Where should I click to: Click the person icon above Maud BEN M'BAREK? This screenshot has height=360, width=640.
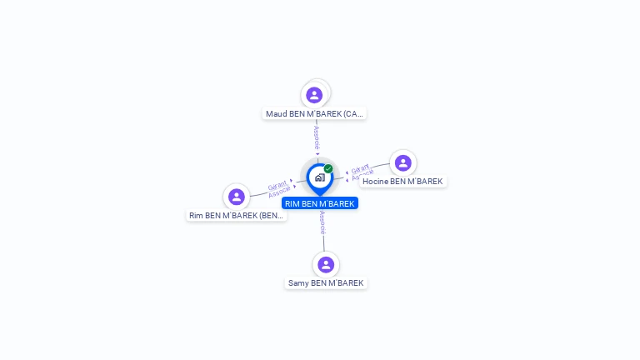(x=314, y=95)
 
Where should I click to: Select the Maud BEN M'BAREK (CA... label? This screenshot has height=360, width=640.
(x=314, y=113)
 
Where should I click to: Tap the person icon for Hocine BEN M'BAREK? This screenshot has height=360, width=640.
(x=402, y=163)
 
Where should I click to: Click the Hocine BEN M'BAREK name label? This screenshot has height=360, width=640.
(x=402, y=182)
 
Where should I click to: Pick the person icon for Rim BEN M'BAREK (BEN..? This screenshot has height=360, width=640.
(x=237, y=197)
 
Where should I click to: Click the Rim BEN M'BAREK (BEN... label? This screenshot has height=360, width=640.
(x=237, y=216)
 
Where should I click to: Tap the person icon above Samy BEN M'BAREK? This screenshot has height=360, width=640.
(x=326, y=264)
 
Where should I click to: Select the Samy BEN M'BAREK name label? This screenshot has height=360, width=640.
(x=326, y=283)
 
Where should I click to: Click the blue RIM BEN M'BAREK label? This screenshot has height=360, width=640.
(x=319, y=203)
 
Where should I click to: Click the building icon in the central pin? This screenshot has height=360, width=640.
(x=319, y=177)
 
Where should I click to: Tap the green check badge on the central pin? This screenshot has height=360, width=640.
(x=328, y=168)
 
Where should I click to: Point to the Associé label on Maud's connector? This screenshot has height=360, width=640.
(x=317, y=137)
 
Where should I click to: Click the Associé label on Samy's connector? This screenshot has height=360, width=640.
(x=322, y=222)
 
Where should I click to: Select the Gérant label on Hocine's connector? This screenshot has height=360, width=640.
(x=360, y=168)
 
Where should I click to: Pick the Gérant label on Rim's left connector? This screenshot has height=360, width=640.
(x=277, y=184)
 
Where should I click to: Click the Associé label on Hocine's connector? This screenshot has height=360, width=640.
(x=363, y=176)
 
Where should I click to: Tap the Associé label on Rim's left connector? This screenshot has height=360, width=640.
(x=280, y=192)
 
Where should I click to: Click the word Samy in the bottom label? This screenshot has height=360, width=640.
(x=297, y=283)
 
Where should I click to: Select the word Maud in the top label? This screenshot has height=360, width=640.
(x=276, y=113)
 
